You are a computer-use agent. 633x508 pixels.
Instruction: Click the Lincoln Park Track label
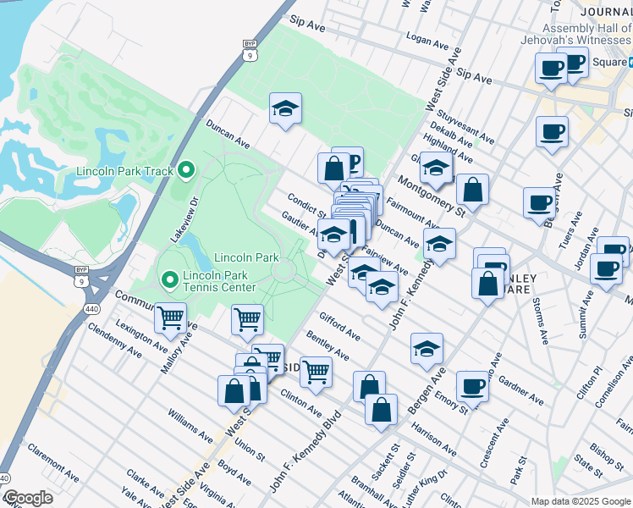pyautogui.click(x=124, y=171)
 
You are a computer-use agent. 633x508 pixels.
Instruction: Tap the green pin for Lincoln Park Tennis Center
pyautogui.click(x=169, y=278)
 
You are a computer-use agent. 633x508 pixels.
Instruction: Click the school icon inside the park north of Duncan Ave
pyautogui.click(x=286, y=109)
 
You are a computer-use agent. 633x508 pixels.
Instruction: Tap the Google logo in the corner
pyautogui.click(x=27, y=498)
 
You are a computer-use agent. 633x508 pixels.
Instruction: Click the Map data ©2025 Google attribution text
pyautogui.click(x=581, y=501)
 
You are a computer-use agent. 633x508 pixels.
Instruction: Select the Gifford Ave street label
pyautogui.click(x=339, y=326)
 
